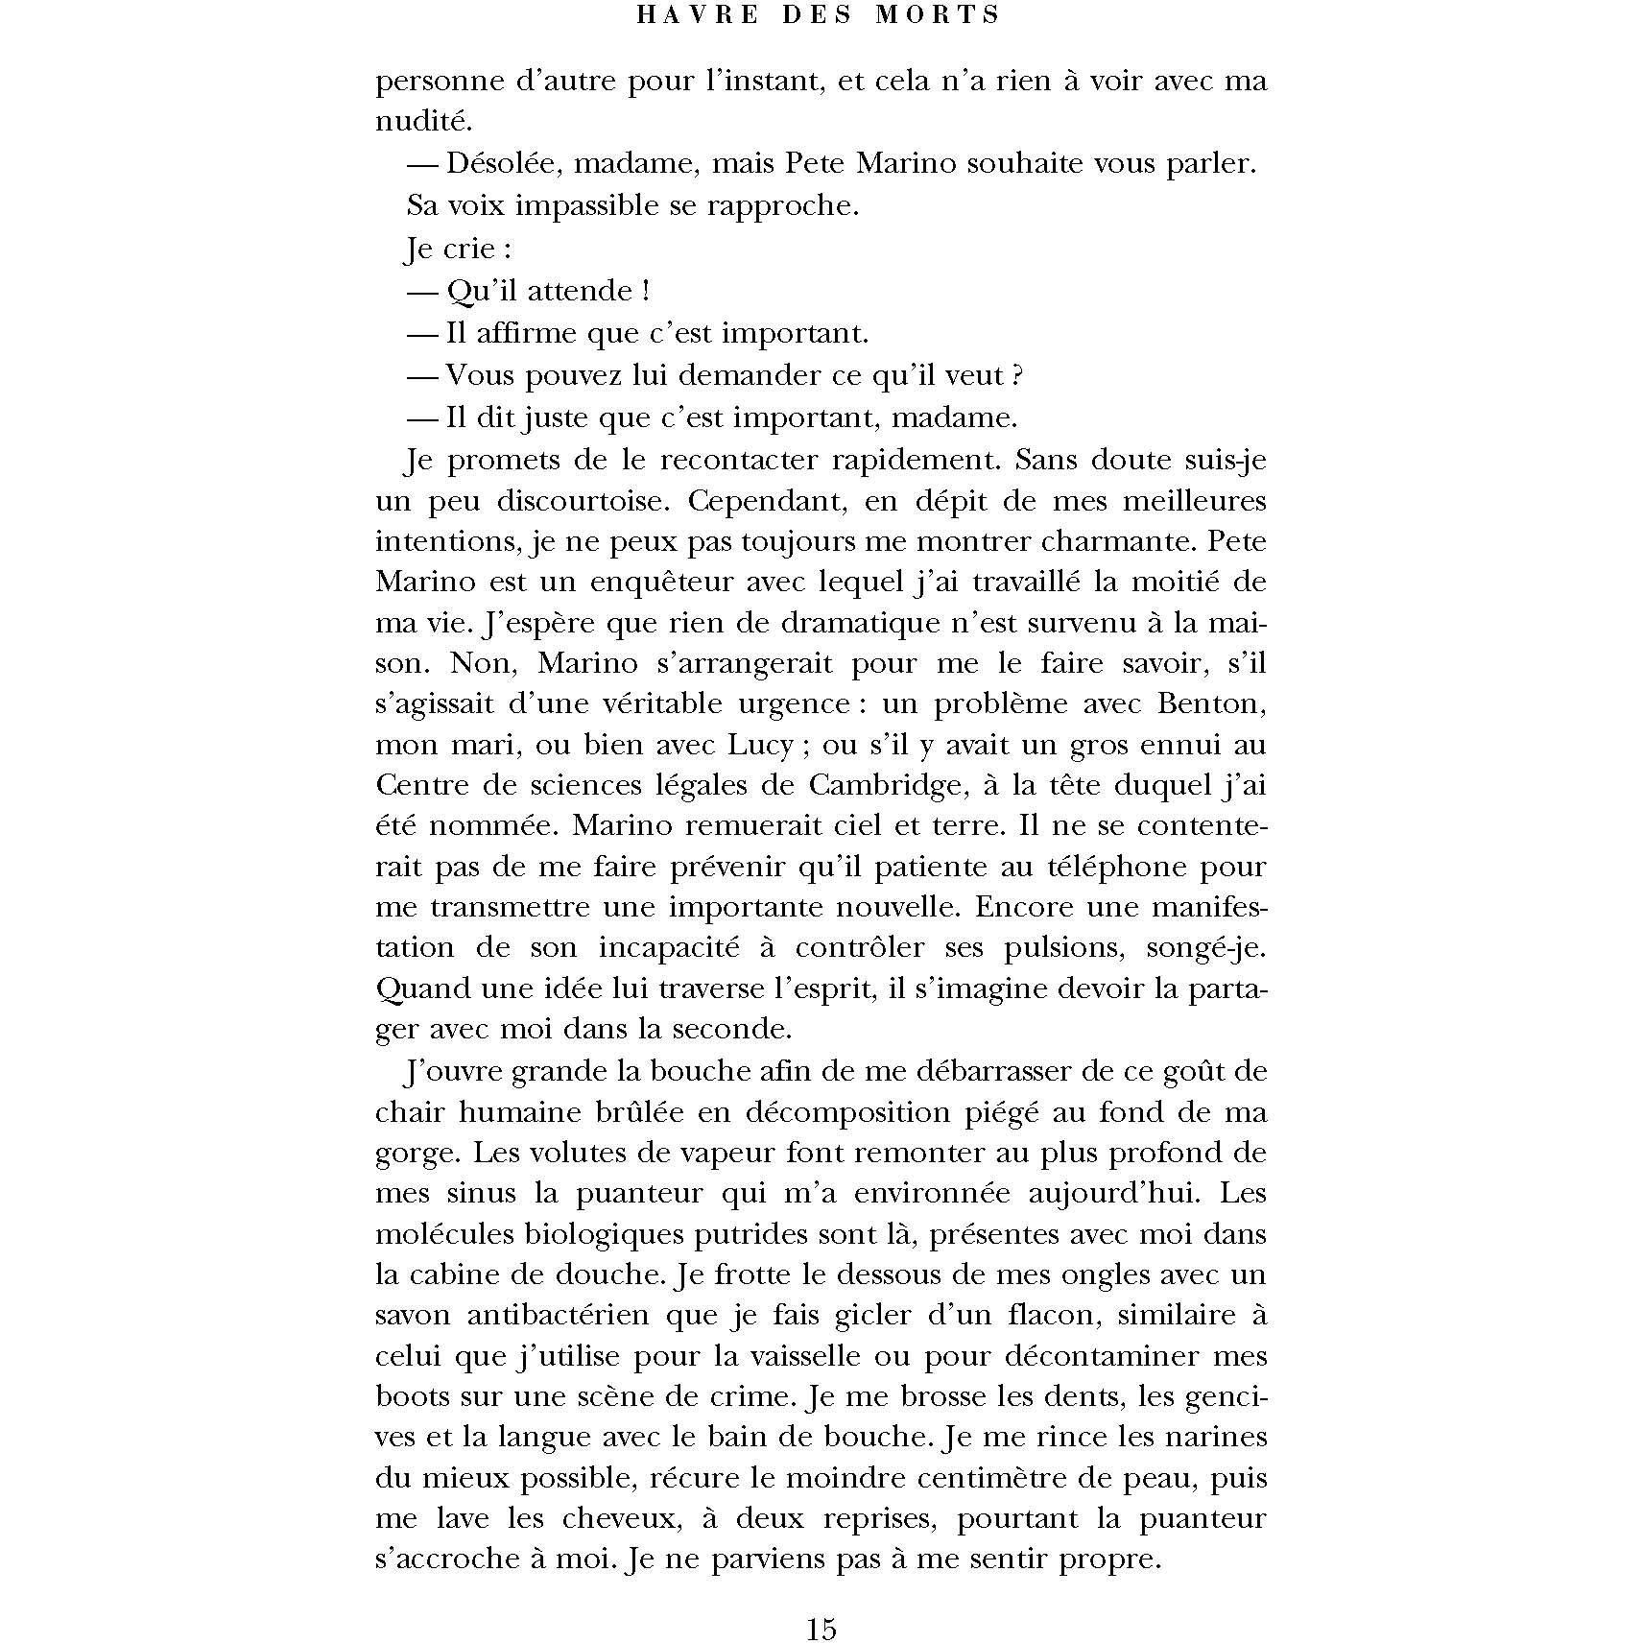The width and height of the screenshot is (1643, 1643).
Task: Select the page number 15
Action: [821, 1629]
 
